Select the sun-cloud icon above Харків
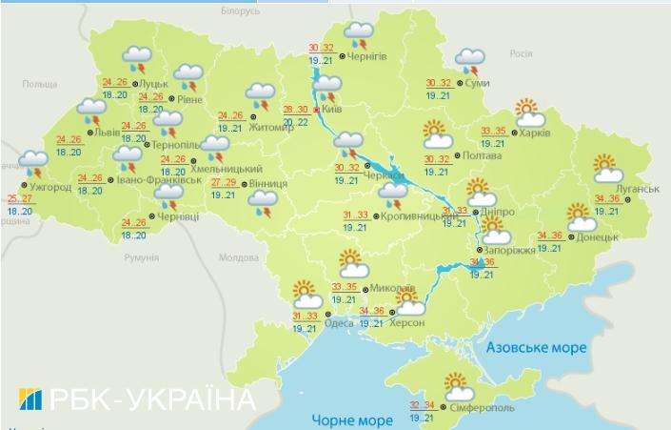(529, 113)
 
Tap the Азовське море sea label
(536, 349)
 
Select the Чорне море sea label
(352, 420)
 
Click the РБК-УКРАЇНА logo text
(138, 399)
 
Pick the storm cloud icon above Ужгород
(34, 164)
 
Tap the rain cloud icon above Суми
(469, 62)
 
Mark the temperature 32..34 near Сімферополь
(424, 404)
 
